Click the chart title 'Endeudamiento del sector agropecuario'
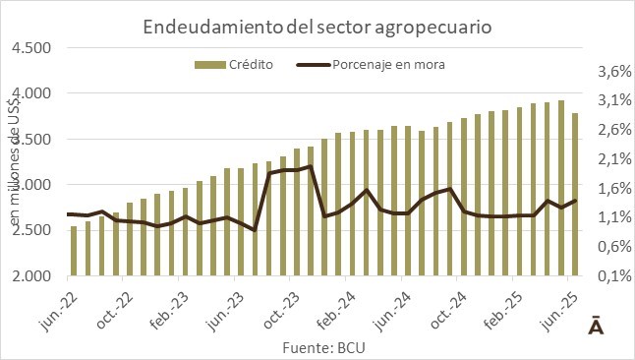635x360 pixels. pyautogui.click(x=317, y=28)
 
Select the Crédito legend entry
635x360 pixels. pyautogui.click(x=234, y=65)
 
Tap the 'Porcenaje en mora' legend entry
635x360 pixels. pyautogui.click(x=371, y=65)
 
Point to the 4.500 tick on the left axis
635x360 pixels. pyautogui.click(x=31, y=48)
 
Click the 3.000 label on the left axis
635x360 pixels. pyautogui.click(x=31, y=185)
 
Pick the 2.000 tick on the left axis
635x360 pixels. pyautogui.click(x=31, y=276)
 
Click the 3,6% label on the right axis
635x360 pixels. pyautogui.click(x=614, y=72)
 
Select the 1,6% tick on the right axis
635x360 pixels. pyautogui.click(x=614, y=189)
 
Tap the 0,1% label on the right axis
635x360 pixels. pyautogui.click(x=614, y=276)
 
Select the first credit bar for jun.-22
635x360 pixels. pyautogui.click(x=74, y=251)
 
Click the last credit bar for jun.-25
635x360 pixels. pyautogui.click(x=575, y=195)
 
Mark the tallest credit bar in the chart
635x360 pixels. pyautogui.click(x=561, y=188)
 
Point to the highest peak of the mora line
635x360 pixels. pyautogui.click(x=311, y=165)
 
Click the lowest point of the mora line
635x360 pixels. pyautogui.click(x=255, y=230)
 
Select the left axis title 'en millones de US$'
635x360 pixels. pyautogui.click(x=15, y=162)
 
